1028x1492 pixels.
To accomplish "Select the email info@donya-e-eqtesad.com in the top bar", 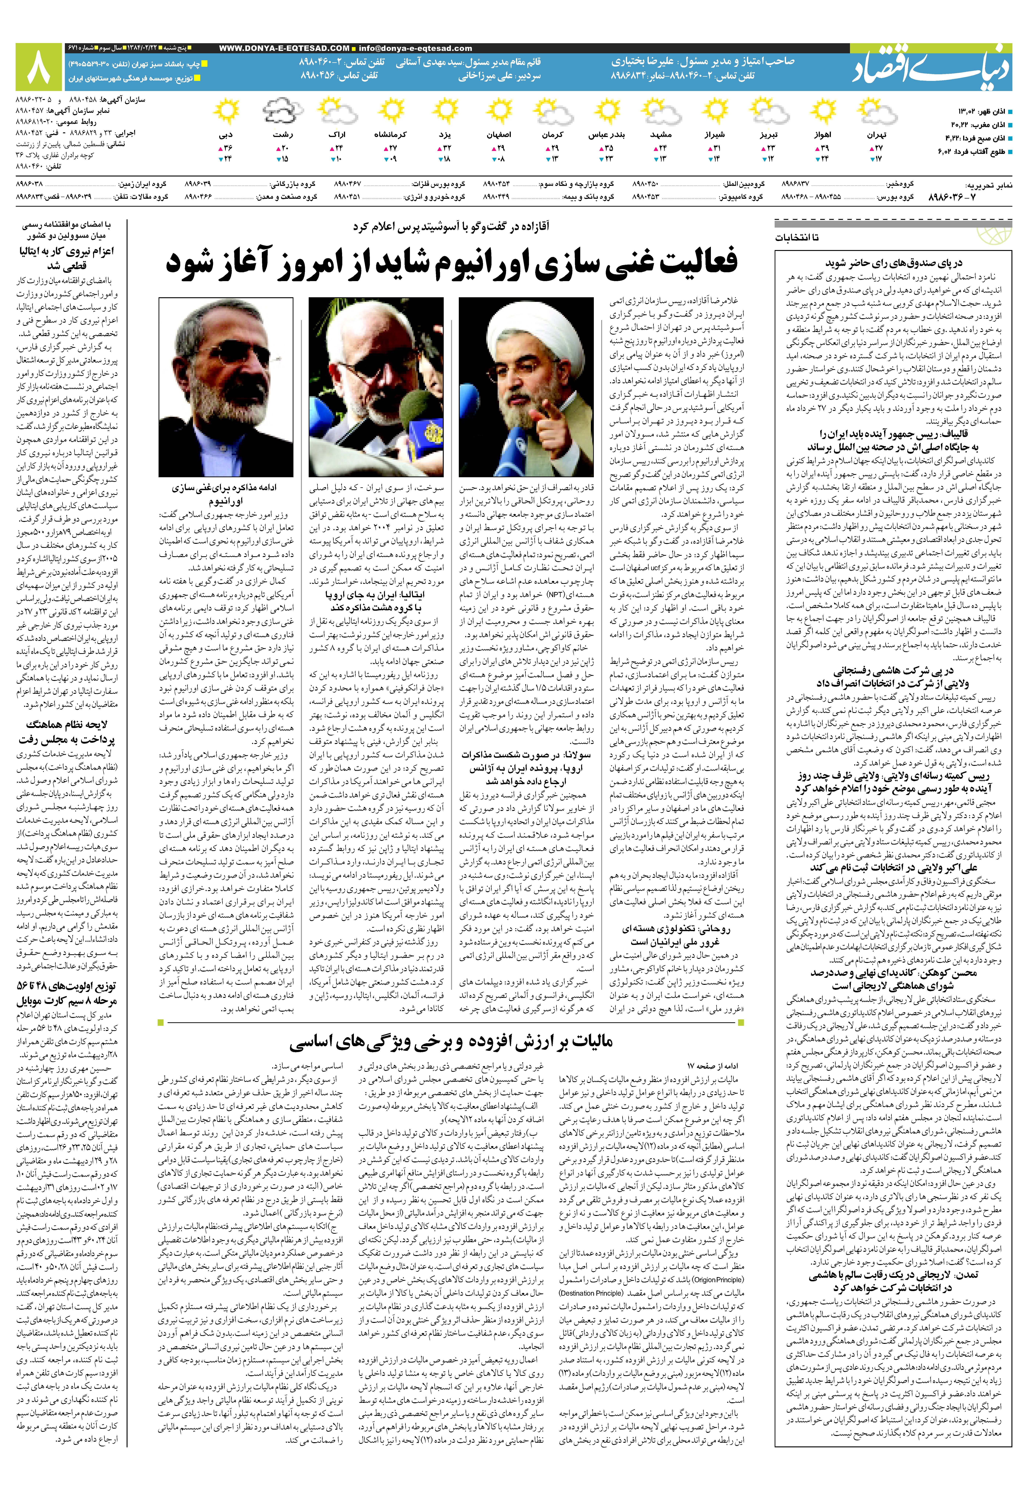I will point(415,48).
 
